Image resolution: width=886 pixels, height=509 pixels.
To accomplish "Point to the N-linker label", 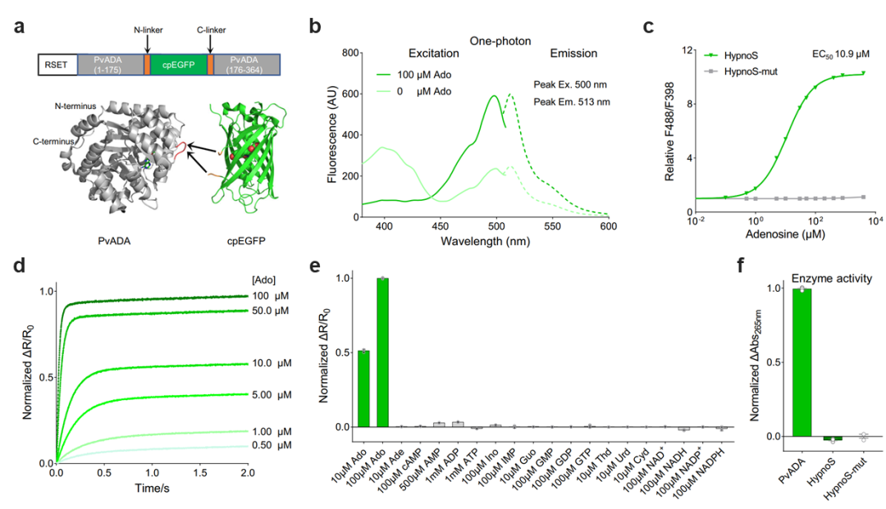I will click(x=148, y=30).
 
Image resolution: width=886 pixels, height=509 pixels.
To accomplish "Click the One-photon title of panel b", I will click(x=500, y=39).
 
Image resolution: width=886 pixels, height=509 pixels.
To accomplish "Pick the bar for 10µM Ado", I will click(x=363, y=389).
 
